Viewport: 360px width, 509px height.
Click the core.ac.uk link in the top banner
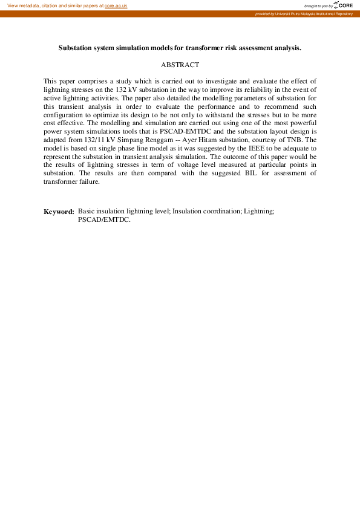pos(116,5)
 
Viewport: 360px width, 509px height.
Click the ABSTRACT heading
pos(180,64)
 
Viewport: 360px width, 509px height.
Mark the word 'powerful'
pos(302,123)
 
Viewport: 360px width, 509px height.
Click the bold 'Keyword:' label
pos(59,212)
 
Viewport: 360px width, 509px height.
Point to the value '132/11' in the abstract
pos(85,140)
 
